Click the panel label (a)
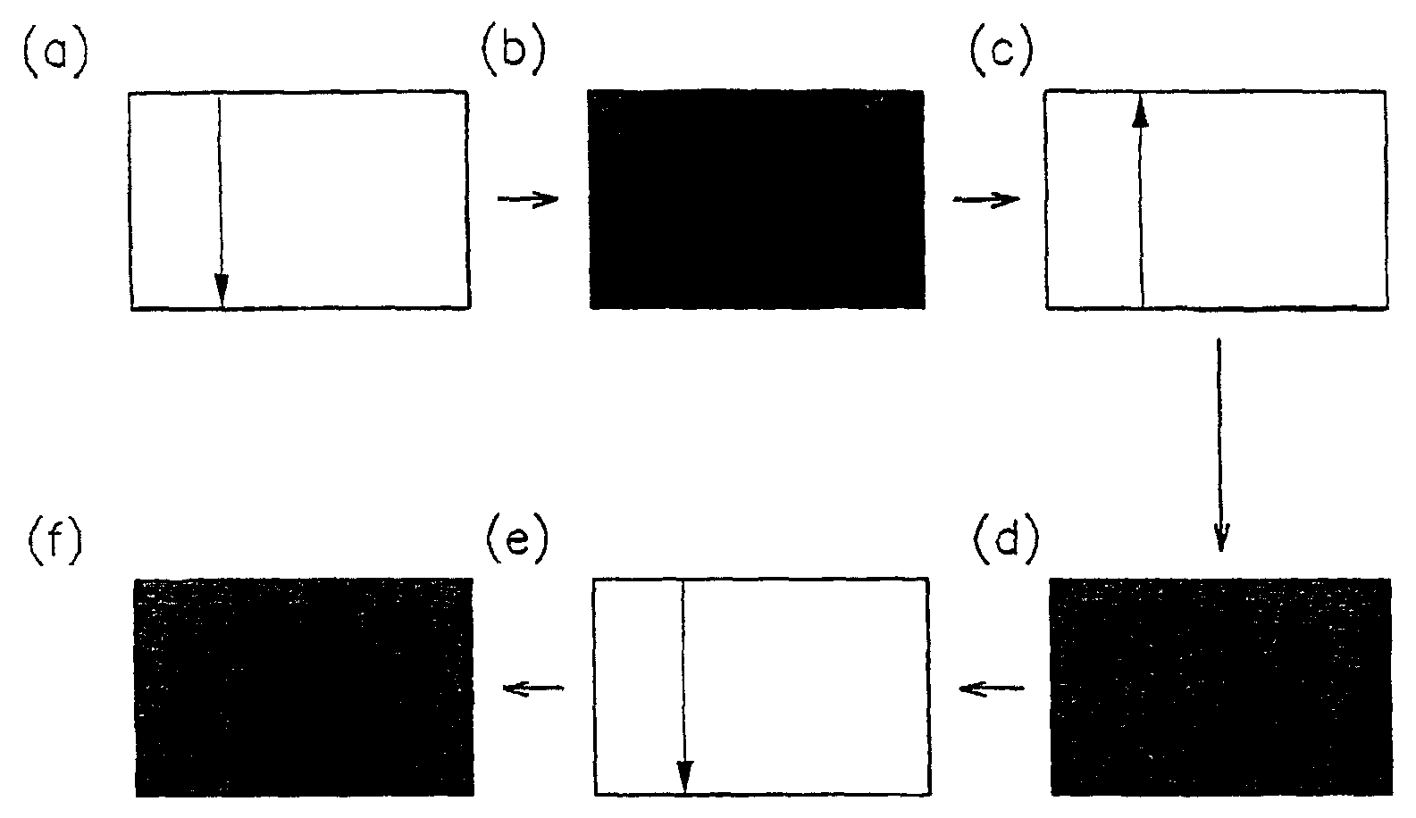tap(53, 54)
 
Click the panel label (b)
tap(514, 54)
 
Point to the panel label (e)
tap(515, 541)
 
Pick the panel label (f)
tap(53, 541)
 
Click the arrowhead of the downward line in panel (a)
tap(222, 290)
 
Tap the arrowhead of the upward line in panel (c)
tap(1140, 112)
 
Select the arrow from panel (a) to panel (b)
tap(527, 199)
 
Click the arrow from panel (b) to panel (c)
tap(985, 199)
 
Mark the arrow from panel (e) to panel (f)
tap(533, 688)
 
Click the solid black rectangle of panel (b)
tap(757, 199)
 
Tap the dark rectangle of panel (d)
tap(1220, 686)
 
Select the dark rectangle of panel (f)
tap(303, 686)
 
